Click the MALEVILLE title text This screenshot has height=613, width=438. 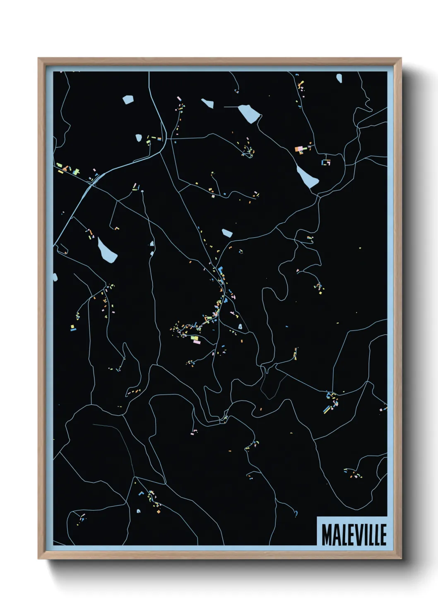[x=354, y=535]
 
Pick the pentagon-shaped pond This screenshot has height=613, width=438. [x=128, y=99]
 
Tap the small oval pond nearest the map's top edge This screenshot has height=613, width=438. [x=339, y=77]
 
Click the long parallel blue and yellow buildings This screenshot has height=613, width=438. [x=328, y=409]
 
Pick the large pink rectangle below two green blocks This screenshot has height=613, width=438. [x=195, y=342]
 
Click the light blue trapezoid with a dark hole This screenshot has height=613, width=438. [x=240, y=327]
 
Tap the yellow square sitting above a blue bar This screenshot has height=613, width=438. [x=73, y=327]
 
